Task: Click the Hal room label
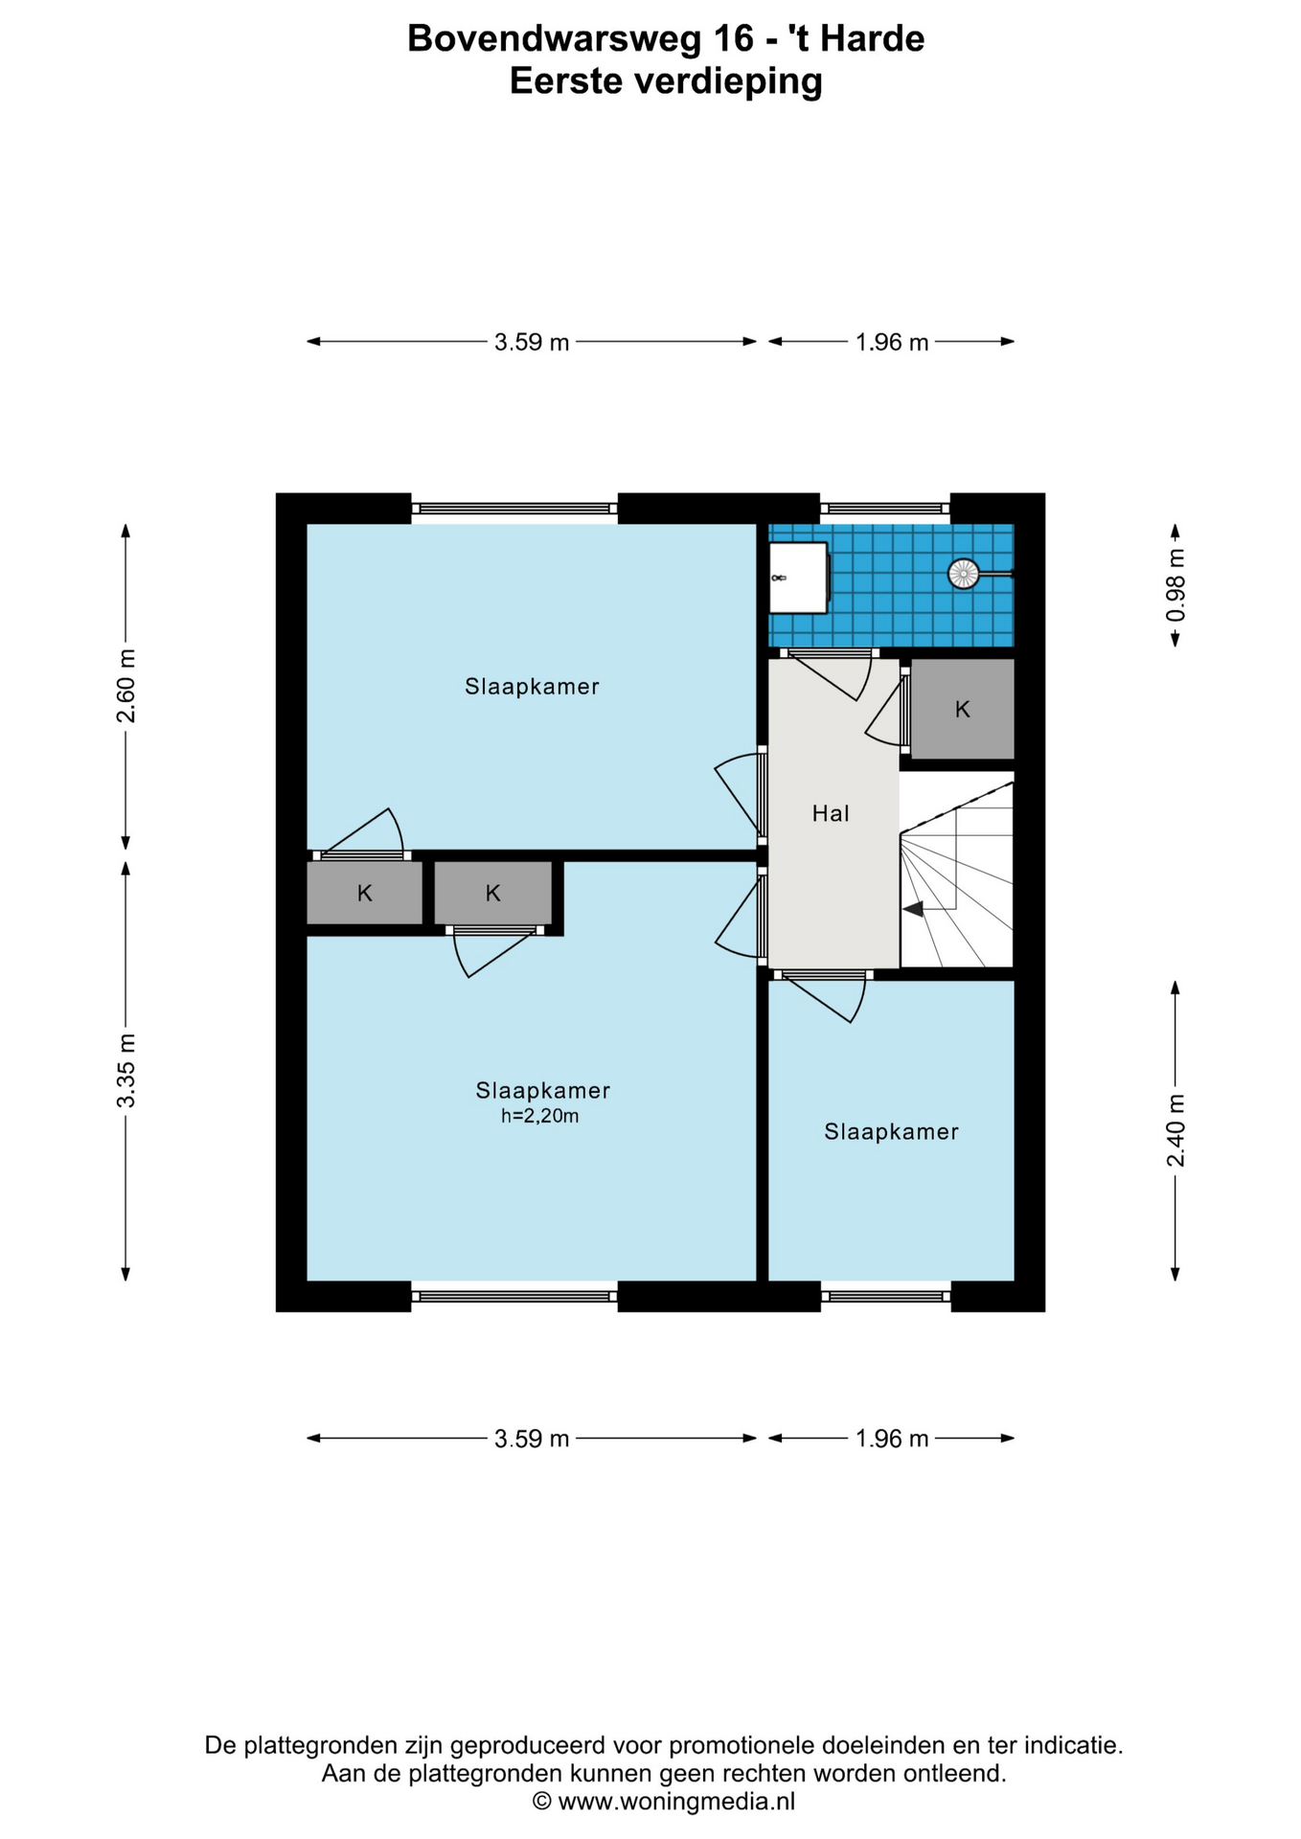tap(831, 813)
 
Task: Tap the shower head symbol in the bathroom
tap(963, 574)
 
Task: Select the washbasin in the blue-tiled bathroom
tap(798, 578)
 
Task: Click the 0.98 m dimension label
tap(1175, 584)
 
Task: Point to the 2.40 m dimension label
tap(1175, 1130)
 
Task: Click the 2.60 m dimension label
tap(126, 686)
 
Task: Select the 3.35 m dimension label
tap(126, 1071)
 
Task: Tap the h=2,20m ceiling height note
tap(540, 1116)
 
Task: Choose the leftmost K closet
tap(364, 893)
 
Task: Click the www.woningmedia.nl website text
tap(676, 1801)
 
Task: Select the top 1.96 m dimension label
tap(892, 342)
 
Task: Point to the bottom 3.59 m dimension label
tap(532, 1439)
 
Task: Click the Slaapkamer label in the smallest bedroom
tap(891, 1132)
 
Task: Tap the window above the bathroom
tap(885, 509)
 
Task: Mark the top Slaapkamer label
tap(532, 687)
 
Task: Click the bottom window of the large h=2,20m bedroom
tap(514, 1296)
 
